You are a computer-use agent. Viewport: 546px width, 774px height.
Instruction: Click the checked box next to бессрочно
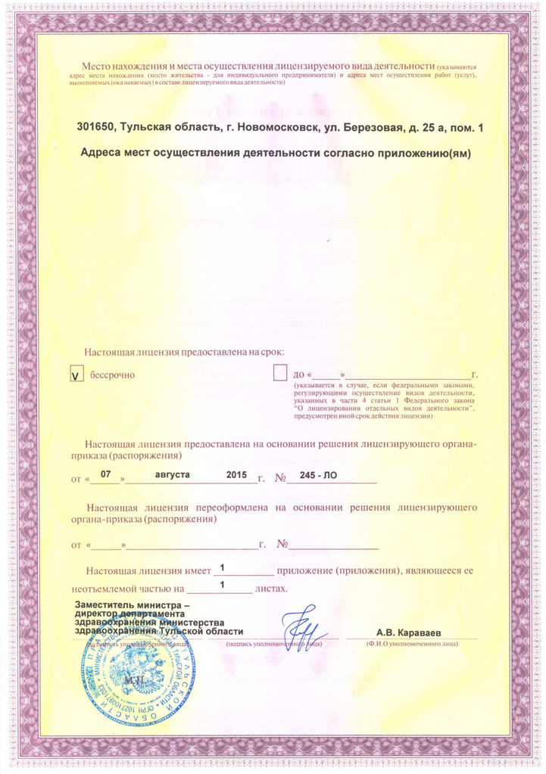click(x=76, y=375)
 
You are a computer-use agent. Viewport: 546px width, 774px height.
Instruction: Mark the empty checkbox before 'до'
click(x=280, y=374)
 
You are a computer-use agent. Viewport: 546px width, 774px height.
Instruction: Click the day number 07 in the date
click(x=106, y=474)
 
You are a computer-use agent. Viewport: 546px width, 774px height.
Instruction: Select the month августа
click(x=173, y=475)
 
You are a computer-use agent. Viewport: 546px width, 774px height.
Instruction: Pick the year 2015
click(x=237, y=475)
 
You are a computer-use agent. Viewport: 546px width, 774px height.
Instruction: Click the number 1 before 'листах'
click(x=222, y=585)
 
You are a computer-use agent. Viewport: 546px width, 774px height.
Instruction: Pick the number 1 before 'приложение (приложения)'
click(x=222, y=567)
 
